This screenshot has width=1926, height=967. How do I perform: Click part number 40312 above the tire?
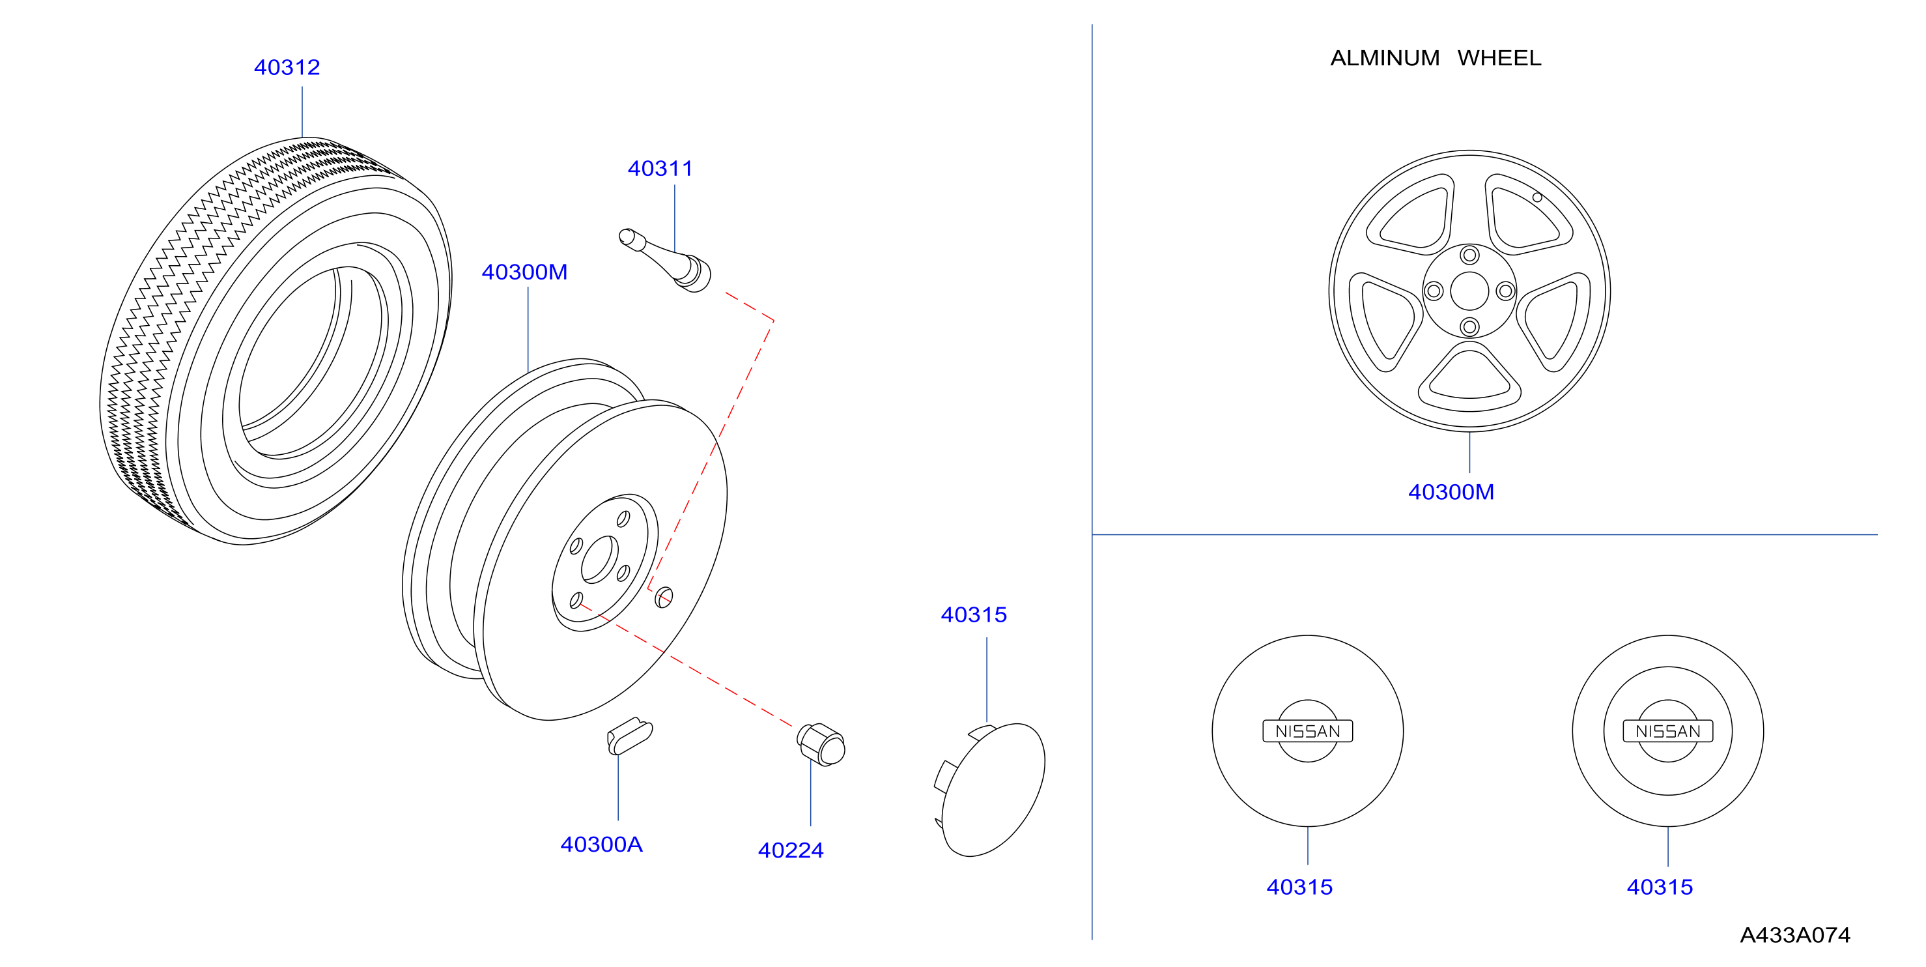pyautogui.click(x=287, y=67)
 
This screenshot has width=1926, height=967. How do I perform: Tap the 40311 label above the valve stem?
pyautogui.click(x=660, y=168)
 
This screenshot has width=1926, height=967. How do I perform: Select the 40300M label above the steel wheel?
pyautogui.click(x=524, y=272)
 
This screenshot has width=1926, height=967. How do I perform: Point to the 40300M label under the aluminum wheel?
pyautogui.click(x=1451, y=491)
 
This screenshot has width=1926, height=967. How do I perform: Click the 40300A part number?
pyautogui.click(x=601, y=844)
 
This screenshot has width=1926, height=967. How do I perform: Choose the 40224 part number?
pyautogui.click(x=790, y=850)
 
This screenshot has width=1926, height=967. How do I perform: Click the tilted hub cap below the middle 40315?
pyautogui.click(x=990, y=789)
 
